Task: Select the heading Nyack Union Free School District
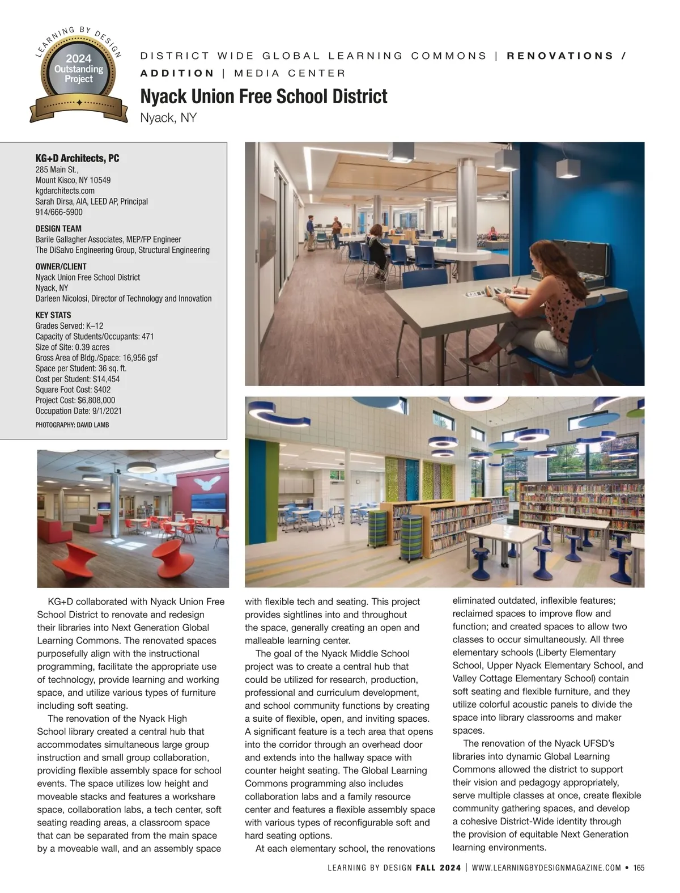pyautogui.click(x=263, y=96)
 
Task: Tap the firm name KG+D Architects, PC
pyautogui.click(x=77, y=158)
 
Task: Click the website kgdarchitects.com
pyautogui.click(x=65, y=191)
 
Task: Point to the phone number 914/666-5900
pyautogui.click(x=58, y=212)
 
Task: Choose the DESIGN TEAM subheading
pyautogui.click(x=58, y=228)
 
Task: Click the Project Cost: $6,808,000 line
pyautogui.click(x=75, y=400)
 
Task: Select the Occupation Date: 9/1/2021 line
pyautogui.click(x=78, y=411)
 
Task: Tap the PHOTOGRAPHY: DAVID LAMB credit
pyautogui.click(x=72, y=425)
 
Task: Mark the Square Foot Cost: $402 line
pyautogui.click(x=73, y=390)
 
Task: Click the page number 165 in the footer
pyautogui.click(x=639, y=867)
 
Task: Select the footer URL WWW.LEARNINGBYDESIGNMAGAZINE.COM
pyautogui.click(x=546, y=867)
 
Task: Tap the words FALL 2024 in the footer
pyautogui.click(x=438, y=867)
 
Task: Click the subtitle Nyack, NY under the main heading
pyautogui.click(x=168, y=118)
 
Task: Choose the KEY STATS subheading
pyautogui.click(x=53, y=315)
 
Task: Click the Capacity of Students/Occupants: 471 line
pyautogui.click(x=94, y=336)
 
